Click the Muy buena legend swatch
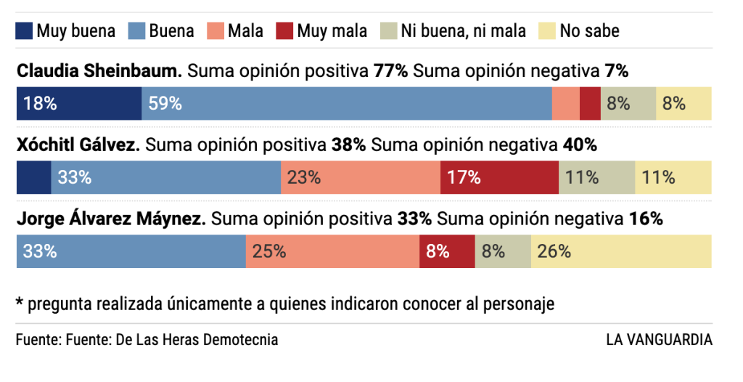pos(24,31)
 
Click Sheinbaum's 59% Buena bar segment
pos(346,103)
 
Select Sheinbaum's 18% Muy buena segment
pos(78,103)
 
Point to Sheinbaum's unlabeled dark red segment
pos(590,103)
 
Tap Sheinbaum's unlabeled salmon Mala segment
pos(566,103)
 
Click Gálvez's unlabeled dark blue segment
pos(33,177)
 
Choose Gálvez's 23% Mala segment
pos(360,177)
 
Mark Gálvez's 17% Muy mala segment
pos(499,177)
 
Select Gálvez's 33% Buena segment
pos(165,177)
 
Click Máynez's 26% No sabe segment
pos(621,251)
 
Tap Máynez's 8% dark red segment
pos(447,251)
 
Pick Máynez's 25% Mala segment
pos(332,251)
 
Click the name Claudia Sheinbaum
pos(99,71)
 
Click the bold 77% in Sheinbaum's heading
pos(391,71)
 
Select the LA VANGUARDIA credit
pos(659,339)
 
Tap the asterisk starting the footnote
pos(20,302)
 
